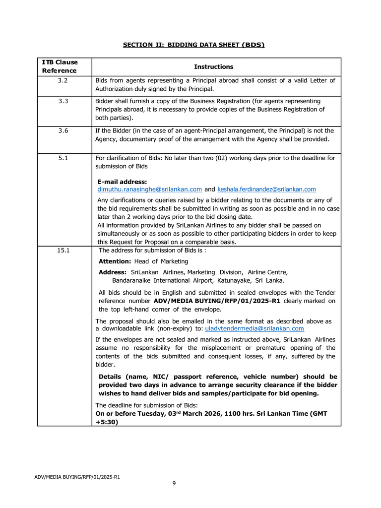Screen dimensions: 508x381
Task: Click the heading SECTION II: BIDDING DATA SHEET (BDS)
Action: pos(193,45)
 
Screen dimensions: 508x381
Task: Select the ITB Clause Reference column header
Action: pos(60,66)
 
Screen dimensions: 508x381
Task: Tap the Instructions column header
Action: pos(213,66)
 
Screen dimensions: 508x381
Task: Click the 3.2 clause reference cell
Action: pos(63,80)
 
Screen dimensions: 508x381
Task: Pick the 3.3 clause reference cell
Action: pos(63,101)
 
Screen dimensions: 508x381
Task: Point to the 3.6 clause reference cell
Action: pos(63,131)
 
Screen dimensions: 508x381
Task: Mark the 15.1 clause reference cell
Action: pos(63,251)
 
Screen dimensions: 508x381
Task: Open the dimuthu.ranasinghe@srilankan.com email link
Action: pos(149,190)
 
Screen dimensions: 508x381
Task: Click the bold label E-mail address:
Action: pos(122,182)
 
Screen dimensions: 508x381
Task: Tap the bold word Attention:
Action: pos(115,261)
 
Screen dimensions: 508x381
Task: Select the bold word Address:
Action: pos(113,272)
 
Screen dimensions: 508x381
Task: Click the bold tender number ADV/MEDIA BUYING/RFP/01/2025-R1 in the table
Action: pos(217,301)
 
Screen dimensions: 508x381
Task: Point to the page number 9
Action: pos(174,484)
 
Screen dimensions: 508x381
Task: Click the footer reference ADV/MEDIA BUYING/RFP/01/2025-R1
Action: pos(77,477)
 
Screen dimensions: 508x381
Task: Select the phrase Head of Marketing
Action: pos(161,261)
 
